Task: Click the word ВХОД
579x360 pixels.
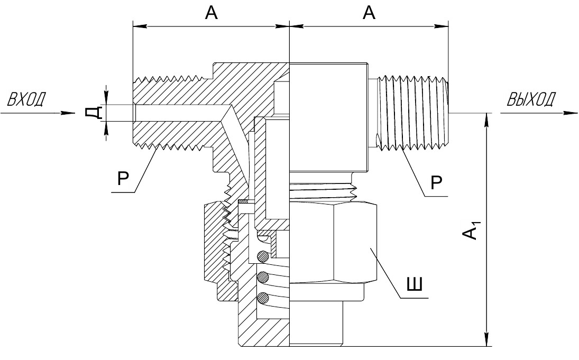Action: (26, 99)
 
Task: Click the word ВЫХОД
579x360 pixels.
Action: (531, 99)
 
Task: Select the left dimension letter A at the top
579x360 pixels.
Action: (211, 13)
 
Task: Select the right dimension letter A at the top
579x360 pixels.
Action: (369, 13)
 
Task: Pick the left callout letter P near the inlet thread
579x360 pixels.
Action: (123, 179)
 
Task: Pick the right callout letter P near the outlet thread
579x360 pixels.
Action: (436, 182)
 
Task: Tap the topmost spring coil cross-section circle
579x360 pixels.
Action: (263, 256)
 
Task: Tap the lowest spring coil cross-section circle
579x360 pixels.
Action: (263, 297)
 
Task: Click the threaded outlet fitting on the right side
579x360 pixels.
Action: (412, 113)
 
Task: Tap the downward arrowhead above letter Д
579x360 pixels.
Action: (106, 97)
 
